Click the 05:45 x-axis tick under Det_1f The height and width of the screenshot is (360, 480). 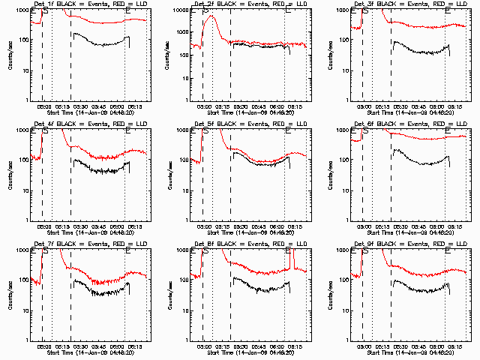pyautogui.click(x=98, y=105)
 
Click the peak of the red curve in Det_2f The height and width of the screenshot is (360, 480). pyautogui.click(x=212, y=16)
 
